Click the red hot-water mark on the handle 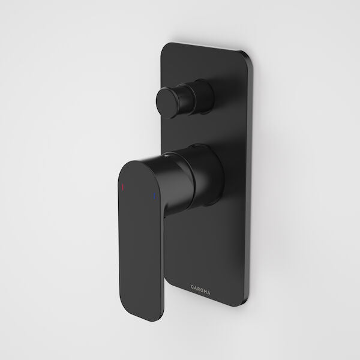coord(123,188)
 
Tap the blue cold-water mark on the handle coord(154,196)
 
